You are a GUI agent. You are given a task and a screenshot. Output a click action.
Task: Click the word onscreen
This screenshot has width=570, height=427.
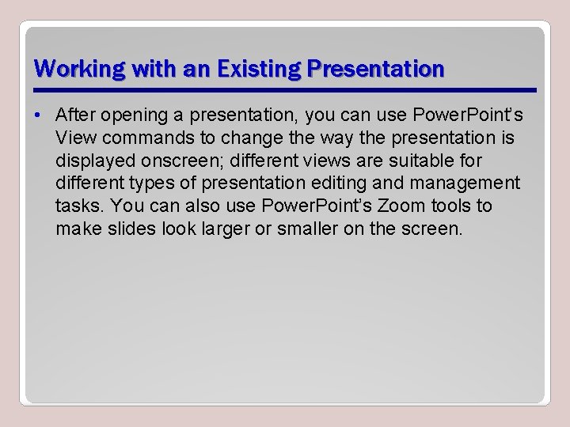tap(177, 161)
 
